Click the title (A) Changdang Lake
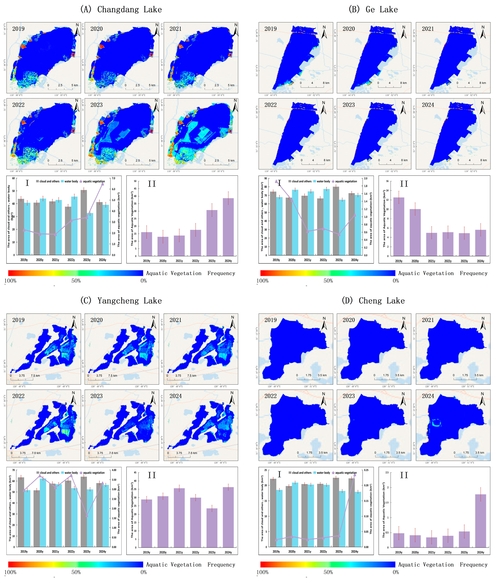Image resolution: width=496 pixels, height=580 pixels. click(x=121, y=10)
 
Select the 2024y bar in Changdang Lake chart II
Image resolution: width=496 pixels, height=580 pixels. click(x=228, y=227)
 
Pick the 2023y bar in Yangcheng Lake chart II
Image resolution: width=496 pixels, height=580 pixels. click(x=212, y=528)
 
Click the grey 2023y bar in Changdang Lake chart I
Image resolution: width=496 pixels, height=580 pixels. click(x=84, y=222)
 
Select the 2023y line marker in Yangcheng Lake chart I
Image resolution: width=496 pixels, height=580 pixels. click(x=87, y=516)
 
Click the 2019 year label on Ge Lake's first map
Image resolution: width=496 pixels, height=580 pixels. click(x=270, y=29)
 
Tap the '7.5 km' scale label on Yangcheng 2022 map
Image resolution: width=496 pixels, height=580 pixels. click(x=36, y=453)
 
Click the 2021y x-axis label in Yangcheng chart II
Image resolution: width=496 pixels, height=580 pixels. click(x=179, y=552)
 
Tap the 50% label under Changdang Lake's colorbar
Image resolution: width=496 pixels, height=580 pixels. click(x=76, y=281)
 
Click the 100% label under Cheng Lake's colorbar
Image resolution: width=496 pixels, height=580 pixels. click(x=262, y=572)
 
